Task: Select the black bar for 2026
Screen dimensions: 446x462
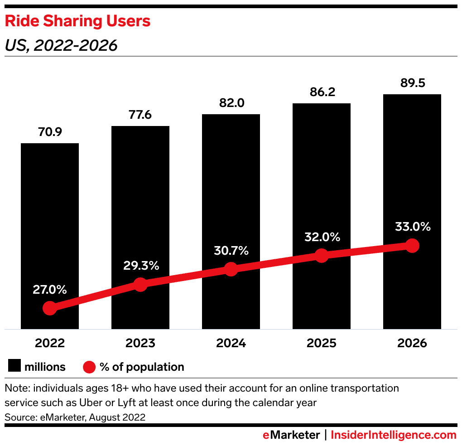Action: (412, 181)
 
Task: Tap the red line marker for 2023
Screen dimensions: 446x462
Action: (140, 285)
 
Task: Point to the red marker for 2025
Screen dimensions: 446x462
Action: (321, 256)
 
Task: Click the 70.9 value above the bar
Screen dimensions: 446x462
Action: (50, 132)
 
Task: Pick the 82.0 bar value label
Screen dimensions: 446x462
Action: (231, 103)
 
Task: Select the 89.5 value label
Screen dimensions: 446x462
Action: (412, 83)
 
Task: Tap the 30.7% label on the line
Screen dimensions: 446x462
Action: (231, 251)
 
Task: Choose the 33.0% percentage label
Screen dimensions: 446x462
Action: (412, 227)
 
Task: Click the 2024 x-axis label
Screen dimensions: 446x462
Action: (231, 343)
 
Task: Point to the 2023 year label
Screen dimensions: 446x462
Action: (140, 343)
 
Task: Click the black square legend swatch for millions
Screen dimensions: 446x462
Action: (14, 367)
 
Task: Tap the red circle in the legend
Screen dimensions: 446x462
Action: (89, 367)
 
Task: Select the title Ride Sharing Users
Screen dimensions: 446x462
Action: (77, 21)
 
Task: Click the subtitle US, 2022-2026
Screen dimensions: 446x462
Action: (61, 45)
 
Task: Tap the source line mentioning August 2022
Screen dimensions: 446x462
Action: (75, 417)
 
